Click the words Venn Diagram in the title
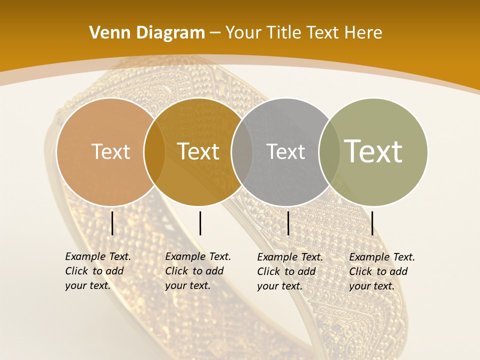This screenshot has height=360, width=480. (147, 33)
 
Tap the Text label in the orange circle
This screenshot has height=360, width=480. (110, 151)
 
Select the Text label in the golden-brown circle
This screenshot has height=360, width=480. (198, 151)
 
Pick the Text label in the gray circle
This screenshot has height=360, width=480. (285, 151)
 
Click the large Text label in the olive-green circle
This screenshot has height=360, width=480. (373, 151)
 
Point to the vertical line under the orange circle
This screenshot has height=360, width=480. (112, 223)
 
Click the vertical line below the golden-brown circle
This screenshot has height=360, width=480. (200, 223)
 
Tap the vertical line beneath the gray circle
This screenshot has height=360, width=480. (288, 223)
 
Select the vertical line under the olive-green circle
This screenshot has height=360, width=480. (372, 223)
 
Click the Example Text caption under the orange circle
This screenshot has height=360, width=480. (98, 271)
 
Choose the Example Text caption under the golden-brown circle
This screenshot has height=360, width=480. (198, 271)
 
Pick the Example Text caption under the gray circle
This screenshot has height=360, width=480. (290, 271)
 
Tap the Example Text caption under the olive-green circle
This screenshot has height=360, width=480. (382, 271)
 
